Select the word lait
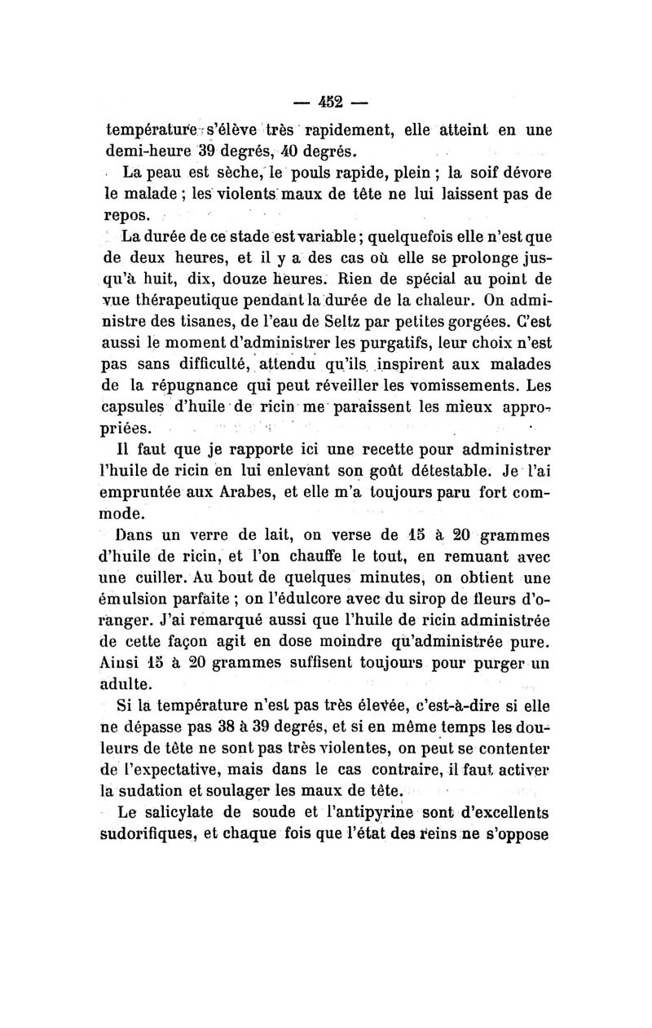pyautogui.click(x=259, y=536)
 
